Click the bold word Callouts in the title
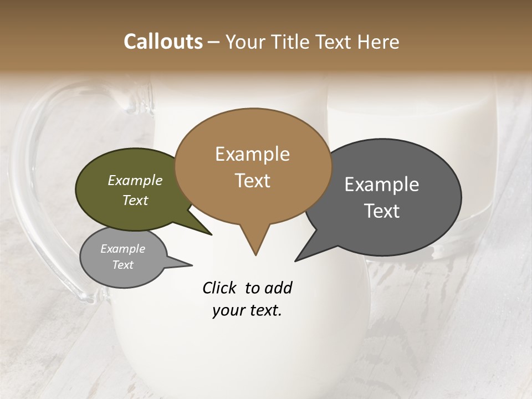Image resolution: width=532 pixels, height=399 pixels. (x=163, y=42)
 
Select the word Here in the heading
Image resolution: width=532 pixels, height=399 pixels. (x=378, y=42)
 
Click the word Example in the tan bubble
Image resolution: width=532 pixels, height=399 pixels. (x=252, y=154)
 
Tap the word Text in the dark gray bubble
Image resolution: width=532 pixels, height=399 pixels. (x=382, y=211)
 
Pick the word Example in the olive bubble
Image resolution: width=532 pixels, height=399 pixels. (x=135, y=180)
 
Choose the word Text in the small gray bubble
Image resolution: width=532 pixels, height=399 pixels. (x=123, y=265)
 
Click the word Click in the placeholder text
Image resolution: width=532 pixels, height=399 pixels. (x=219, y=288)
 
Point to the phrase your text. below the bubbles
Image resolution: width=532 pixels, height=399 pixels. (x=247, y=310)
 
